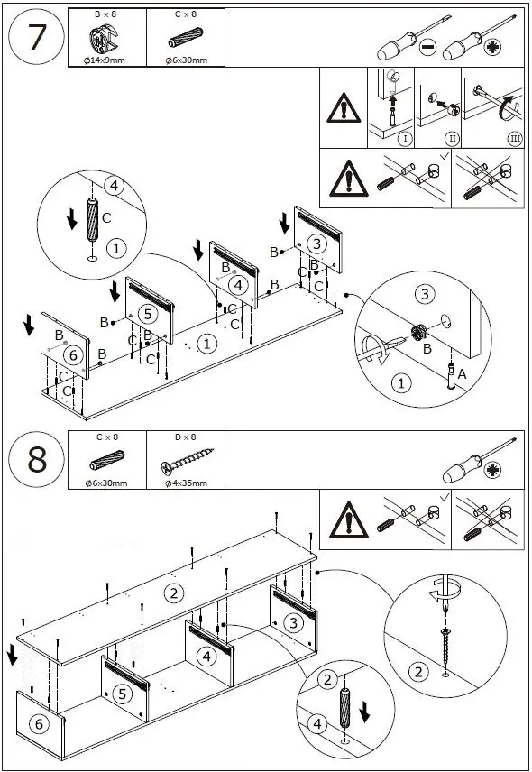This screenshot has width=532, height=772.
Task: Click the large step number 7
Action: coord(37,37)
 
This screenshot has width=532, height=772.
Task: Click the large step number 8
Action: coord(37,459)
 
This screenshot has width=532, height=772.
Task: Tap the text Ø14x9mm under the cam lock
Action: coord(104,60)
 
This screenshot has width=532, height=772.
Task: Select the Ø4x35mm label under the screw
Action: coord(186,483)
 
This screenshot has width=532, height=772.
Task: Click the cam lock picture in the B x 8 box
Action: coord(104,38)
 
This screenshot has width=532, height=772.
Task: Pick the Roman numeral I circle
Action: coord(405,138)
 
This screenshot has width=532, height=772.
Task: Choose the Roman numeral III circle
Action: coord(515,138)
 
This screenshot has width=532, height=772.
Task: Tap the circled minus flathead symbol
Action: coord(428,47)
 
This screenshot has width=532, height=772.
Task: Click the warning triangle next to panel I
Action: coord(344,108)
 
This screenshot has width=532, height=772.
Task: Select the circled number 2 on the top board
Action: coord(173,593)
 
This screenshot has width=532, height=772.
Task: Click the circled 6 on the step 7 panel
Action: coord(73,354)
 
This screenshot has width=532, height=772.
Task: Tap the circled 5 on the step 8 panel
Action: coord(122,694)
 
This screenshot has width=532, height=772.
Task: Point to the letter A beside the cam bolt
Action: coord(462,374)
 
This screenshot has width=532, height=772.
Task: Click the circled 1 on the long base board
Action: coord(206,344)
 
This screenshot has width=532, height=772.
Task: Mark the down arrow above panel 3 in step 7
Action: coord(284,223)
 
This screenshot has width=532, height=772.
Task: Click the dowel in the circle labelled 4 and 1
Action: coord(93,219)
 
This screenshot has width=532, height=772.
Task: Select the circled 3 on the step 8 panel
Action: coord(293,623)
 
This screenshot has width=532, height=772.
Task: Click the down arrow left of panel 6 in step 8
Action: coord(13,655)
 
